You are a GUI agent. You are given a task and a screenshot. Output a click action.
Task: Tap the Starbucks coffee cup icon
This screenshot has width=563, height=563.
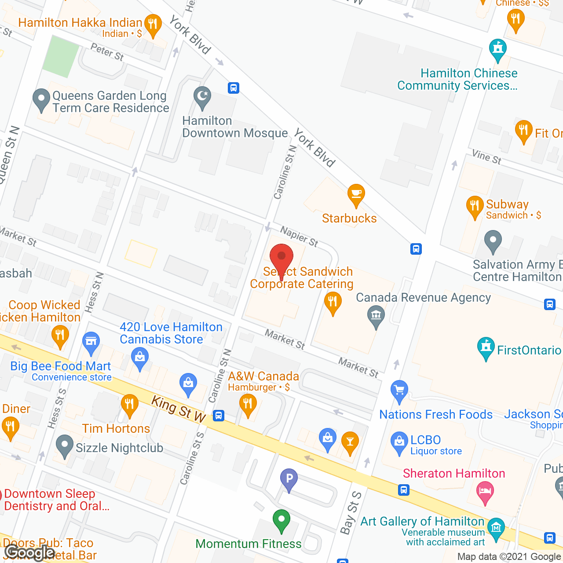coord(356,194)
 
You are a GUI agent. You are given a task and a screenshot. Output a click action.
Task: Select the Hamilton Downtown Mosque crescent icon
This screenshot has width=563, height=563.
coord(202,96)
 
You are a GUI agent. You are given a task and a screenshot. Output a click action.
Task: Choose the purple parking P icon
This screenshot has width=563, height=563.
coord(289,478)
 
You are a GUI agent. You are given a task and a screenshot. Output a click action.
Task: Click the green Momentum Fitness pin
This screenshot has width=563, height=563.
coord(281,519)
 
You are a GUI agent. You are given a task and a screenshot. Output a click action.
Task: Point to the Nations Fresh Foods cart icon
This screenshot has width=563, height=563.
coord(399,390)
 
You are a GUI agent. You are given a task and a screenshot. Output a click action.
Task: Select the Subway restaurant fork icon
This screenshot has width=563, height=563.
coord(475,206)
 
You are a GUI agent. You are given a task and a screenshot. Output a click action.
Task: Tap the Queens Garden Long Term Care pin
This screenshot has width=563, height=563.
coord(41,99)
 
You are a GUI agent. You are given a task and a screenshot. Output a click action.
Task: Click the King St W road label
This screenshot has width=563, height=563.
coord(179,409)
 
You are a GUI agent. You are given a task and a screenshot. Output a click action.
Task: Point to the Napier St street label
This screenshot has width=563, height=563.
coord(299,236)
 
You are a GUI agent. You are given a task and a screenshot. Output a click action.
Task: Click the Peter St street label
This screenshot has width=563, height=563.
coord(107,52)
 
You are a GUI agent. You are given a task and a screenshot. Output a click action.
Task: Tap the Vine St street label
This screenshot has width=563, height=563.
coord(486,157)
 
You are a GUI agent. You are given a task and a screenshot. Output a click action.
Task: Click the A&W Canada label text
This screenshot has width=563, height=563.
coord(263,377)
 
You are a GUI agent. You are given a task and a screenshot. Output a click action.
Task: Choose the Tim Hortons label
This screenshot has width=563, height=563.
coord(116,428)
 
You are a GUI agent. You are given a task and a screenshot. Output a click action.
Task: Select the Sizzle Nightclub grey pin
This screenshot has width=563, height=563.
coord(65,445)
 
